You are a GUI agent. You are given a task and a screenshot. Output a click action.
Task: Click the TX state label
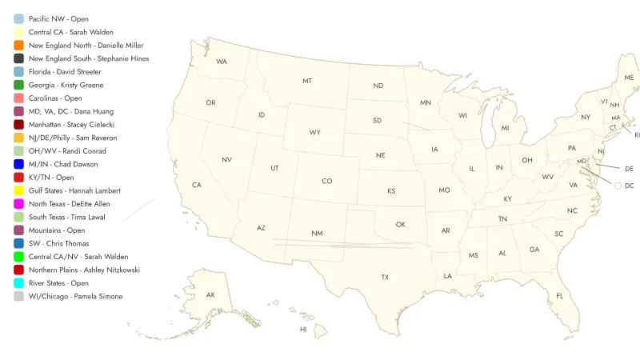385,277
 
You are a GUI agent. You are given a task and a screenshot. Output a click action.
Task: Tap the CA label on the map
196,186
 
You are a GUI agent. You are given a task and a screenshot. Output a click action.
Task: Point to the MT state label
307,82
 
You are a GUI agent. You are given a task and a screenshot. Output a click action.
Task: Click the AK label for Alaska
210,295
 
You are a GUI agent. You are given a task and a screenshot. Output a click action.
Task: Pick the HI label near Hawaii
303,329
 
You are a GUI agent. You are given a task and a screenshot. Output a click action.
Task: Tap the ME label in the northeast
629,78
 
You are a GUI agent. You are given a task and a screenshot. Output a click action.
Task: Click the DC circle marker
618,186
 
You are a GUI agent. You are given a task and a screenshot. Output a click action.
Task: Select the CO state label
327,181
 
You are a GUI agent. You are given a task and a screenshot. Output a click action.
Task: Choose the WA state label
222,62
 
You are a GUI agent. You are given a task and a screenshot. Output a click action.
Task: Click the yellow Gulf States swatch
18,190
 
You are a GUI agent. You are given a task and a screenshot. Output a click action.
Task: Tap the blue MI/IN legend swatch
18,164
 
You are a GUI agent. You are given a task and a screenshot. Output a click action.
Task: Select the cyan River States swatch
18,283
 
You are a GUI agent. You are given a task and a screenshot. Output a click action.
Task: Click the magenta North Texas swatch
18,204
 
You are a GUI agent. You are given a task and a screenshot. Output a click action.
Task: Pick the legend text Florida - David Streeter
65,72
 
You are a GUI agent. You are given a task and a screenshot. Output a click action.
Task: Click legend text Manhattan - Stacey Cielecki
72,125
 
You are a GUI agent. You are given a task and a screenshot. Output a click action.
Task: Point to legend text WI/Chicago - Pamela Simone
76,297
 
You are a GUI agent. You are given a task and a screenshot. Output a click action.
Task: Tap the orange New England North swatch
18,46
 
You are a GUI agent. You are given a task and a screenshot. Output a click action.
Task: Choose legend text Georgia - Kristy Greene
66,85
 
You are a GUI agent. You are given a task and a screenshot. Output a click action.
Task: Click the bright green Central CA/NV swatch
18,257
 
